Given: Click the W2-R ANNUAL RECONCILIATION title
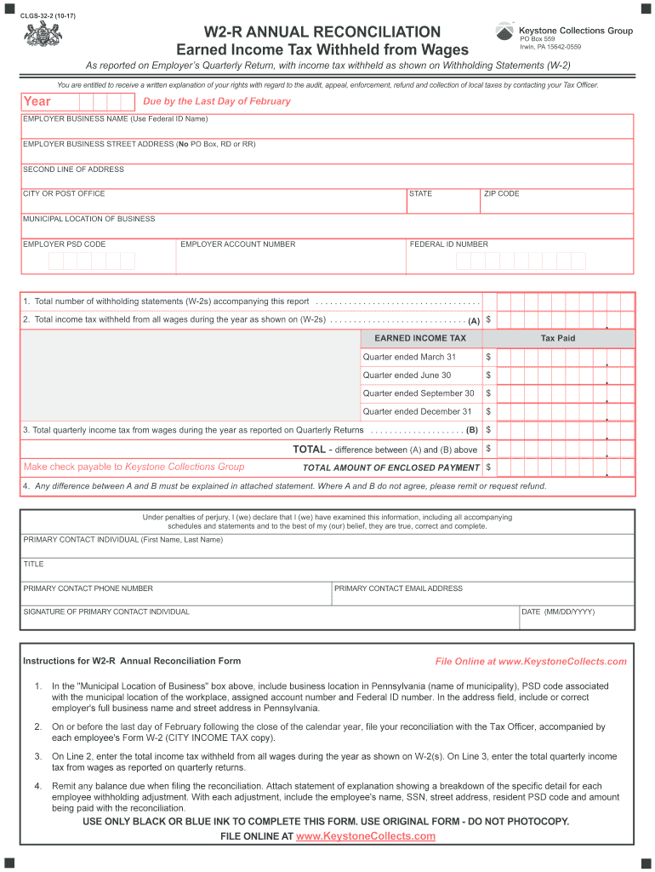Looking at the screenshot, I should point(327,32).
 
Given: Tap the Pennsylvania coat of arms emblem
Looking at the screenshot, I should point(37,36).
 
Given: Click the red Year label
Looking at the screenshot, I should point(37,102).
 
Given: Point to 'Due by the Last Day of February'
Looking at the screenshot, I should point(217,101).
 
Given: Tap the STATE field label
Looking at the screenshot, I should point(420,194).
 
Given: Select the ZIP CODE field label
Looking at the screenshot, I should point(501,194).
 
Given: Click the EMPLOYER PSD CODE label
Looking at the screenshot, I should point(65,244).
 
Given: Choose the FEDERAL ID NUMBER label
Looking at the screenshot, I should point(449,244).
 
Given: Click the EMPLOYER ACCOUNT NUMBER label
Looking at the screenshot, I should point(238,244).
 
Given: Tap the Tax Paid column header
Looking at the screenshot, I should point(558,338).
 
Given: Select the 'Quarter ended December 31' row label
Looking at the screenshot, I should point(417,411).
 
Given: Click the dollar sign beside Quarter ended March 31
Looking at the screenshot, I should point(488,357).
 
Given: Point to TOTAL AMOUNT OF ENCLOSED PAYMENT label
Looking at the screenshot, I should point(390,468).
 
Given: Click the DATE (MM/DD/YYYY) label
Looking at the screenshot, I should point(558,612).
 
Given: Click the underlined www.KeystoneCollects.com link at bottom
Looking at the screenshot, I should point(365,836).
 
